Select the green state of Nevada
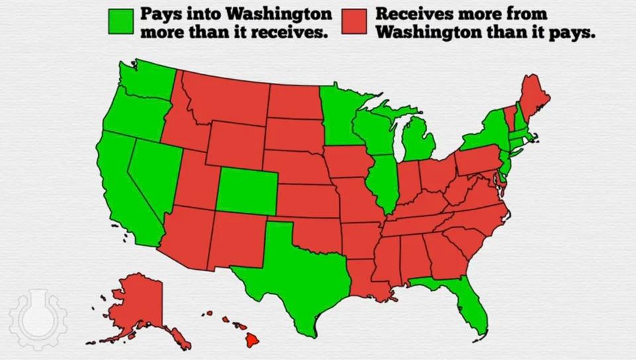(148, 176)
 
